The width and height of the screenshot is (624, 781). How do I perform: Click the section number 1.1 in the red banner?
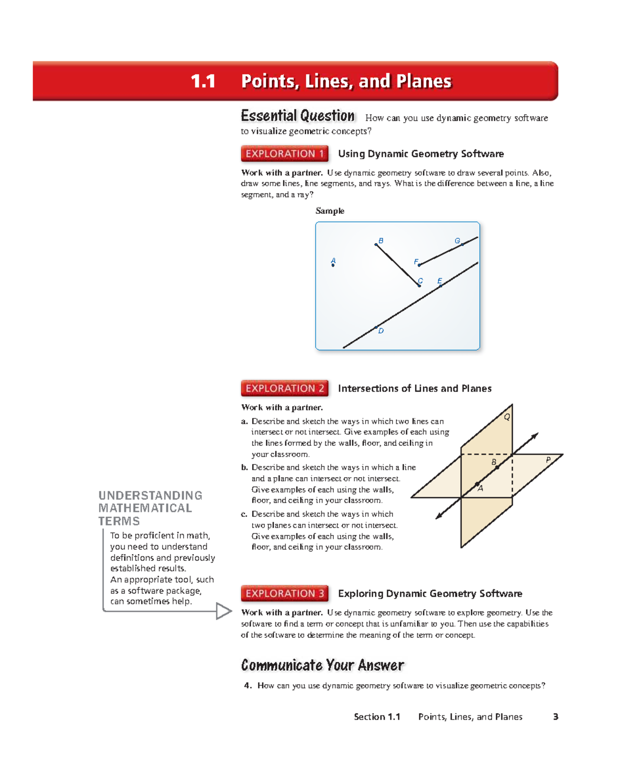tap(203, 81)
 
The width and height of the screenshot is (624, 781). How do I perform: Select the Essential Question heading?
tap(297, 116)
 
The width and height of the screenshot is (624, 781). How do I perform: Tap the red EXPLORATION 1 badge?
tap(284, 153)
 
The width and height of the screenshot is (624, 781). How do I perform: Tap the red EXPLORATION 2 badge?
tap(284, 388)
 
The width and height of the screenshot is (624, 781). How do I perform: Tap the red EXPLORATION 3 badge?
tap(284, 593)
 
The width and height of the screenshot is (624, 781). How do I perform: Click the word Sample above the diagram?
tap(330, 211)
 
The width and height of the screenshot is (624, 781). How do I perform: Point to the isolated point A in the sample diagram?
tap(333, 265)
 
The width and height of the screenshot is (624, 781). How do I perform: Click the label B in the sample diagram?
tap(381, 241)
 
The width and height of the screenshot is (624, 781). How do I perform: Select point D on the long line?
tap(376, 328)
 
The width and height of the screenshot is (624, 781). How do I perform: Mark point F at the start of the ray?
tap(419, 265)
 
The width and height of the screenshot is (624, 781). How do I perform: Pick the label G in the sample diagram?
tap(458, 241)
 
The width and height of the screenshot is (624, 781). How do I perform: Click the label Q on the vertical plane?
tap(506, 417)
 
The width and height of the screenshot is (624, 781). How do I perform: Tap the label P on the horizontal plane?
tap(548, 460)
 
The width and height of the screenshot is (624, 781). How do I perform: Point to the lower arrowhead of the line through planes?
tap(439, 516)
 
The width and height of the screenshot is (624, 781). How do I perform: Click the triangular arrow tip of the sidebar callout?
tap(224, 611)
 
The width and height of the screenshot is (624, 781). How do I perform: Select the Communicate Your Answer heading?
tap(322, 665)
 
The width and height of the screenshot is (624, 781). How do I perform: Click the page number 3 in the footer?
tap(555, 716)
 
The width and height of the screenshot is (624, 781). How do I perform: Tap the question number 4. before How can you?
tap(248, 686)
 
